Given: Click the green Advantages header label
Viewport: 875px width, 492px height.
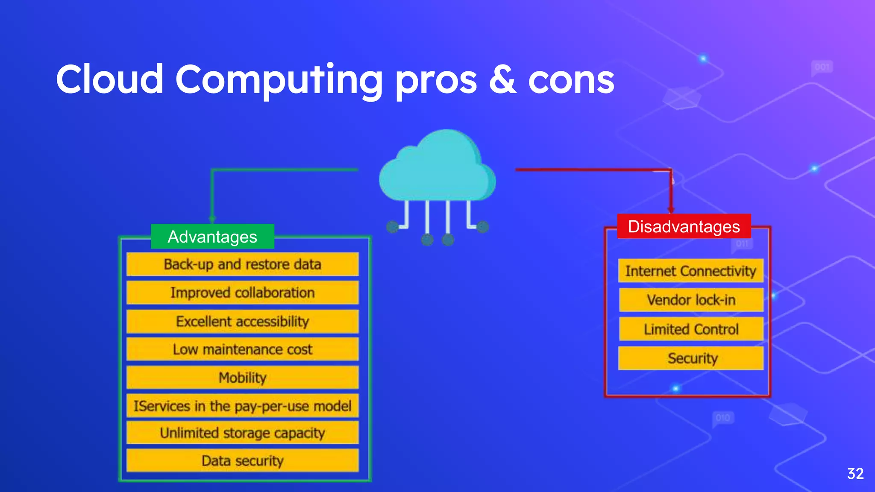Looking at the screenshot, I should pos(212,237).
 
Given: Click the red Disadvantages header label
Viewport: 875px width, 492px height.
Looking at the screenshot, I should pos(684,226).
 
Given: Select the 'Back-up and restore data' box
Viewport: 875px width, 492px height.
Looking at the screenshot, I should pos(242,264).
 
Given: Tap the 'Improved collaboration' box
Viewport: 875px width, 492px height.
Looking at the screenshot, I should pos(242,293).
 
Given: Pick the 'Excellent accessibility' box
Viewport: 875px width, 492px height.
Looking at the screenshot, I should pos(242,321).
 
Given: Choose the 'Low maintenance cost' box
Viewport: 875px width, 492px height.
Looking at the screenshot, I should pos(242,349).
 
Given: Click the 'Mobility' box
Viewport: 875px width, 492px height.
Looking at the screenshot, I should pos(242,378).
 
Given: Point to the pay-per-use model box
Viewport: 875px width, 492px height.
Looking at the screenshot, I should pos(242,406).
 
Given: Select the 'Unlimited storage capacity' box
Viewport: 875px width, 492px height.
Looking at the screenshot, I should pos(242,433).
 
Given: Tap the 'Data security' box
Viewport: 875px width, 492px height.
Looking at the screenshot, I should pos(242,461).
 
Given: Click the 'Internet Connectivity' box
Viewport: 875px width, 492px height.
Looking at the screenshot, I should pos(690,271).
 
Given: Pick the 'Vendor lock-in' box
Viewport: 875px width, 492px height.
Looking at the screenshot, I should pos(691,300).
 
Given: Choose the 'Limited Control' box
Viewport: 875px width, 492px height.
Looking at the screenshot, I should pos(691,329).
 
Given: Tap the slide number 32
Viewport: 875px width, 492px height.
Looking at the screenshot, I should pos(855,474).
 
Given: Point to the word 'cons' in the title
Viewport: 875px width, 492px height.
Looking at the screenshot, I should pos(571,81).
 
